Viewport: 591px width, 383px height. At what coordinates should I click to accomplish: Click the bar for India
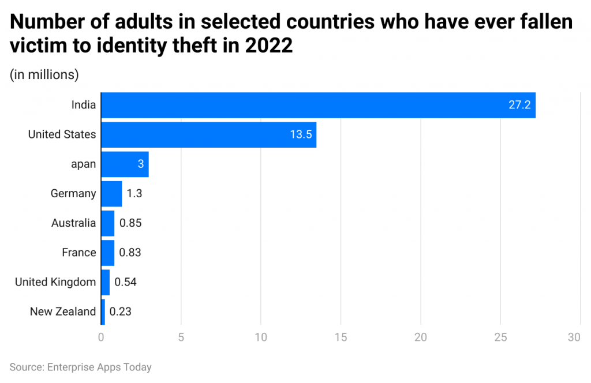tap(317, 105)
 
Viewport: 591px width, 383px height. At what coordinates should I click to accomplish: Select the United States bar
tap(208, 134)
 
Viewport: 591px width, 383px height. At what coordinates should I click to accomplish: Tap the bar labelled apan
tap(125, 164)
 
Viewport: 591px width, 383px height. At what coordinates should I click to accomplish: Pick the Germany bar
tap(111, 194)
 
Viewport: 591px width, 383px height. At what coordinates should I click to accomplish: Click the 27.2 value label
tap(519, 105)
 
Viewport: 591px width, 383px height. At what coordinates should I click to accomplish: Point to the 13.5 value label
tap(300, 134)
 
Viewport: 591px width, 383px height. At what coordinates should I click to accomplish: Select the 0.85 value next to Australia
tap(130, 223)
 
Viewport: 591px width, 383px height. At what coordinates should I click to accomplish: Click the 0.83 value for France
tap(130, 253)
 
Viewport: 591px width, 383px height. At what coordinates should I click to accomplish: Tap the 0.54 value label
tap(125, 282)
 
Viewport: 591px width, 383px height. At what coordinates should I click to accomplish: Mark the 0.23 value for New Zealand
tap(121, 311)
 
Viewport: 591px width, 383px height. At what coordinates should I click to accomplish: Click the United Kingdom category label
tap(55, 282)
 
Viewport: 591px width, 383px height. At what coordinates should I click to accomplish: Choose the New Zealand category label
tap(63, 311)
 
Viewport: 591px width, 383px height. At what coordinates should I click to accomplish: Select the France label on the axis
tap(79, 253)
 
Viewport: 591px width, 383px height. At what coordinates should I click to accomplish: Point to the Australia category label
tap(73, 223)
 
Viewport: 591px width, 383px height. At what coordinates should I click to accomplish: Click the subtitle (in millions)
tap(44, 75)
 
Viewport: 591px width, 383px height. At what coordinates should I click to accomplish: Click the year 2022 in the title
tap(270, 46)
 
